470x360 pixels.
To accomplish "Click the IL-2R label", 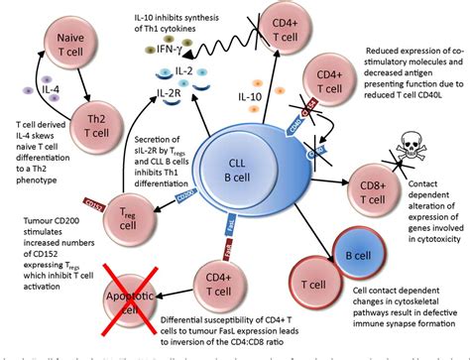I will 170,96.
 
